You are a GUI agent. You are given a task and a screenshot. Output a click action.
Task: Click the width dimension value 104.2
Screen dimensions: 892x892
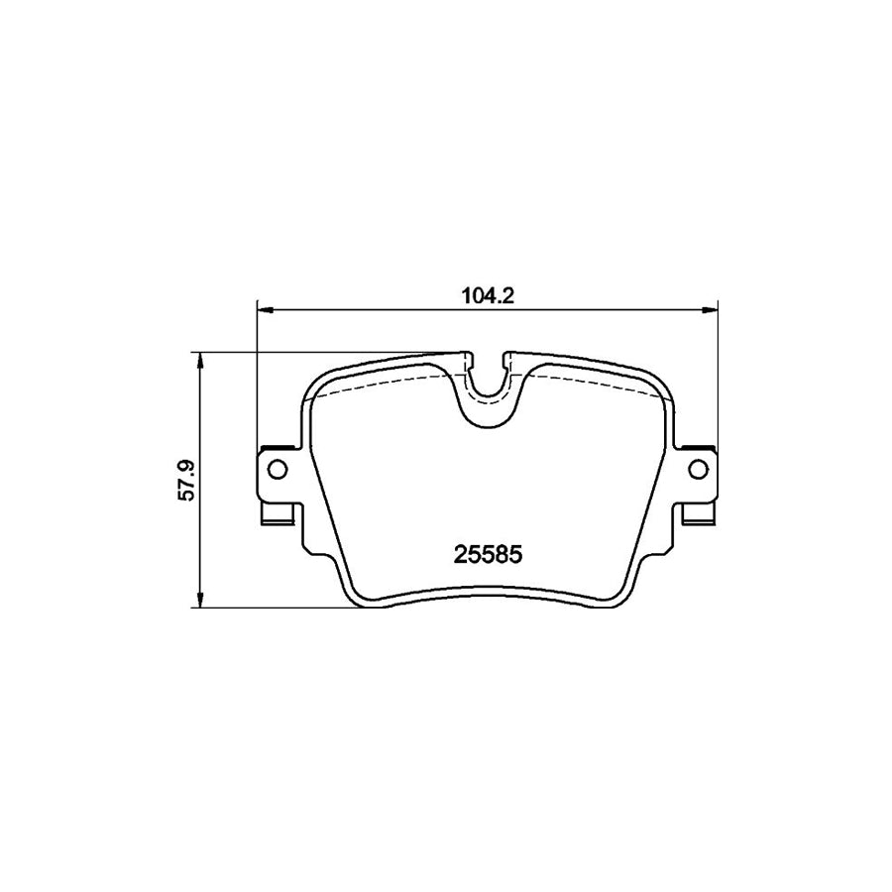point(486,294)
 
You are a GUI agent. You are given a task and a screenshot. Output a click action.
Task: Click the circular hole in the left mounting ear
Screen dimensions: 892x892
point(277,468)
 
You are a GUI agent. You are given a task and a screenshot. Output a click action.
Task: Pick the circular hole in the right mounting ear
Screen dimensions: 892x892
point(697,468)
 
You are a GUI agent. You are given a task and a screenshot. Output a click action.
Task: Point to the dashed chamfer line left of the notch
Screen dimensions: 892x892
point(377,385)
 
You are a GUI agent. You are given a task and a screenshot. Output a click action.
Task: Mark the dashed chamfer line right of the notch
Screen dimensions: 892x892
point(595,385)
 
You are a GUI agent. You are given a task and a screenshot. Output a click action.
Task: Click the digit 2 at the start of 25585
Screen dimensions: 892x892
point(459,556)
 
